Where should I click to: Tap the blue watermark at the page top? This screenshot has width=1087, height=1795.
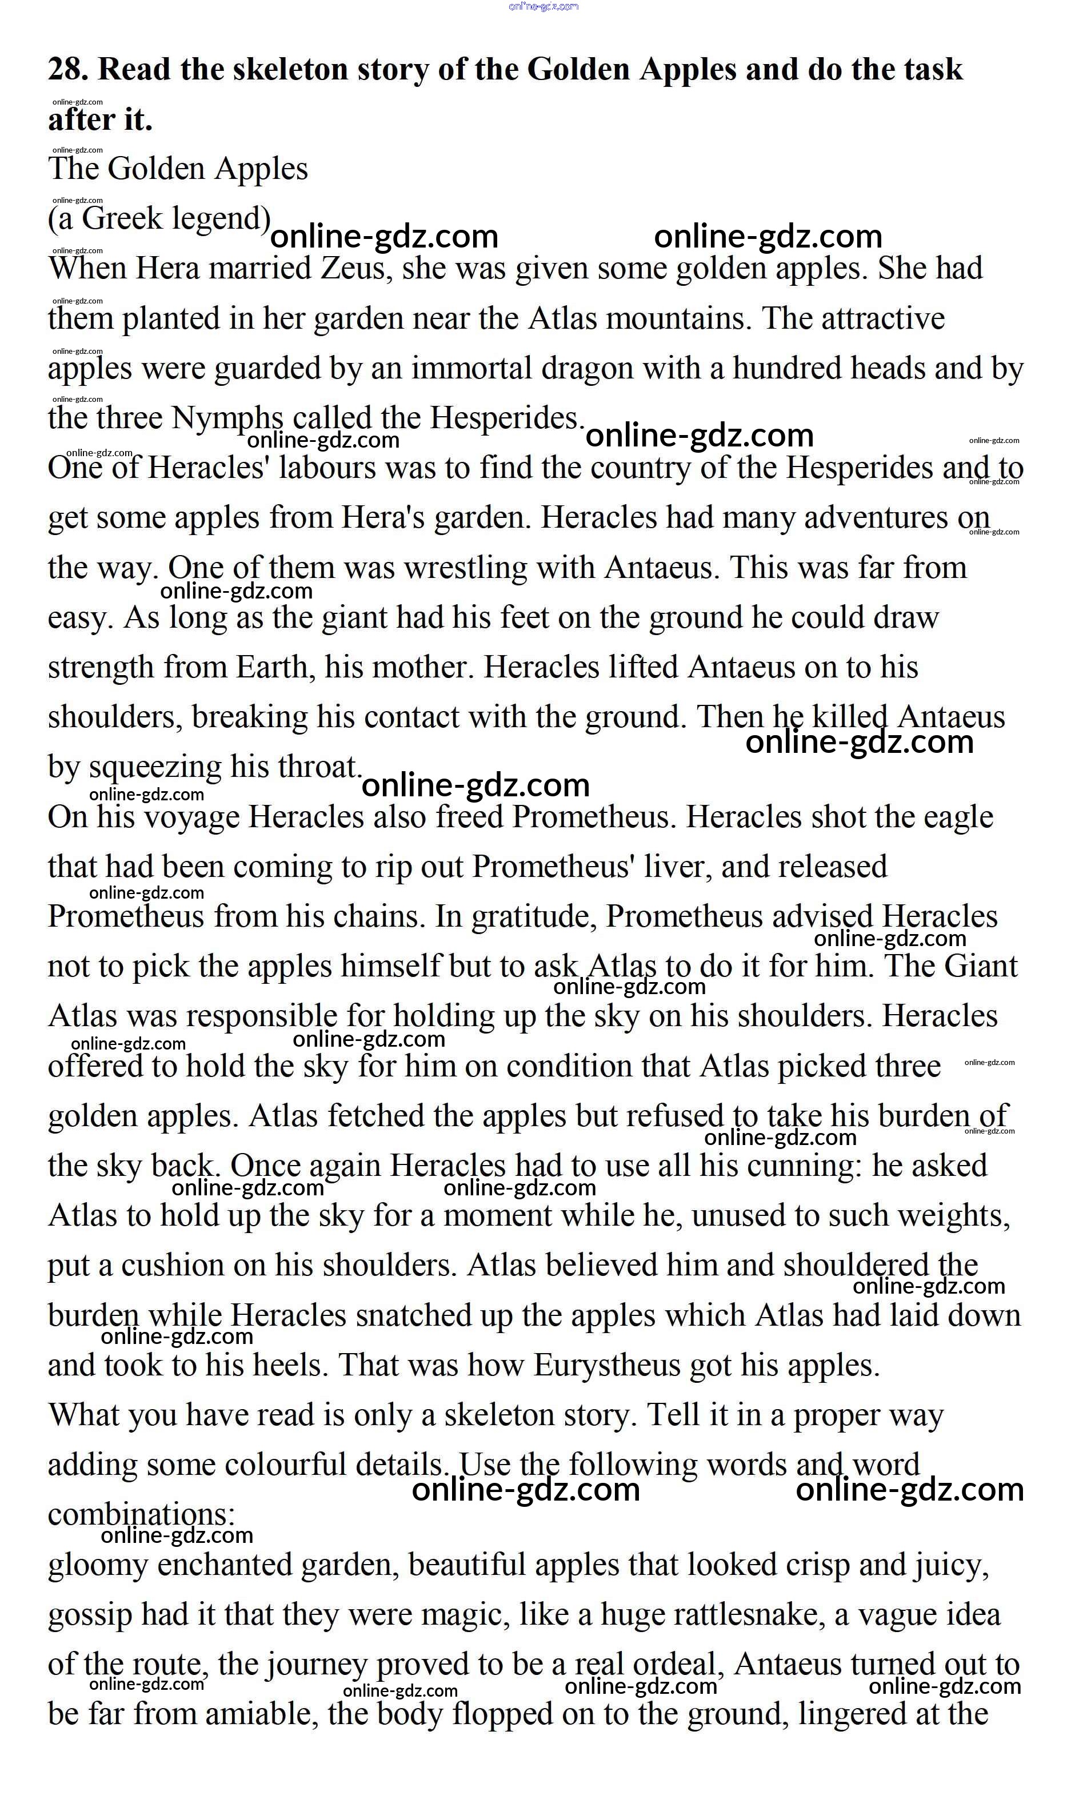[x=543, y=6]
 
